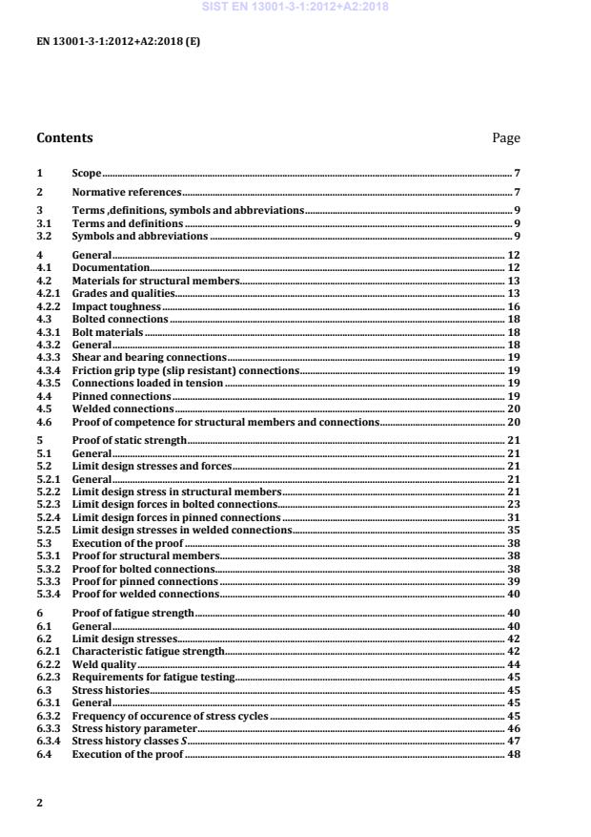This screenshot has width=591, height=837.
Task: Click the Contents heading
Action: tap(65, 137)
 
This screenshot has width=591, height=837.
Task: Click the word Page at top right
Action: tap(505, 138)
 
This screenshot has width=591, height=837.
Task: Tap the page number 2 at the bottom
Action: tap(40, 803)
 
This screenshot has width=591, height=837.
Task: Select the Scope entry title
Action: tap(87, 174)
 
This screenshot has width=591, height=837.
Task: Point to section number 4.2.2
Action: tap(48, 308)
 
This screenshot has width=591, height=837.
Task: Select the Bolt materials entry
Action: tap(108, 332)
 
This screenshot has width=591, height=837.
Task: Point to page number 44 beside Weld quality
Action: tap(513, 663)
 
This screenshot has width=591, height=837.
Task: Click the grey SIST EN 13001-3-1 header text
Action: tap(295, 8)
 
